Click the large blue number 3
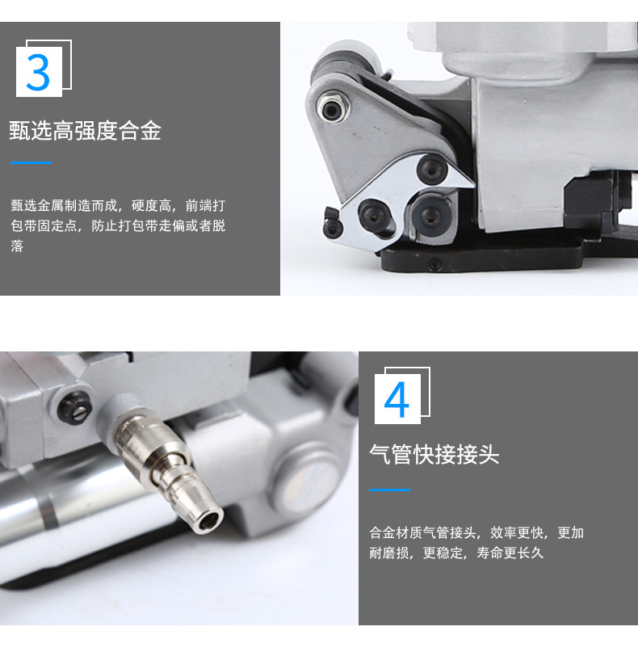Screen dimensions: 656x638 38,71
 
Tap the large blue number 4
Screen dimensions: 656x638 397,399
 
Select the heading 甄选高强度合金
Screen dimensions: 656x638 85,131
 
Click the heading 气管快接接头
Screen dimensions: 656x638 434,455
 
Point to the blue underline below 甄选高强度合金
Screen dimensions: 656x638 31,163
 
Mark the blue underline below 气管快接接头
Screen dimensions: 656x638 389,490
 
